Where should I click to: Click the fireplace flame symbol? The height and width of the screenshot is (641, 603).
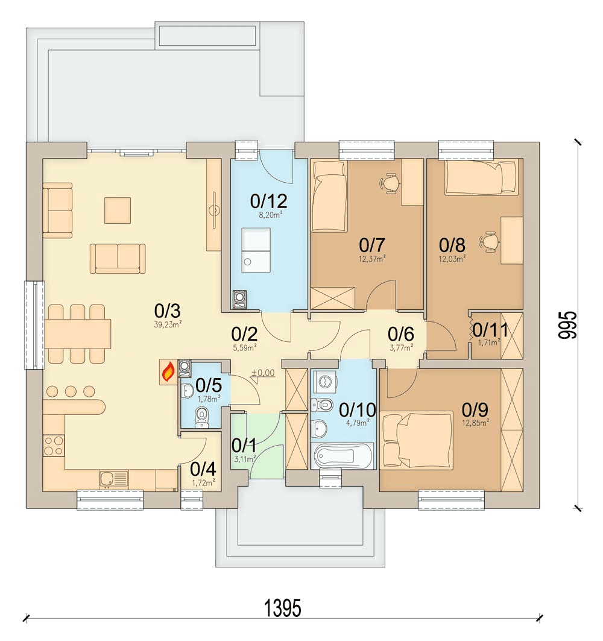pos(168,372)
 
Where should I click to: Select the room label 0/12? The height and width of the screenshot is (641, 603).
pos(268,201)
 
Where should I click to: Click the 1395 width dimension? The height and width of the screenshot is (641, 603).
pos(283,608)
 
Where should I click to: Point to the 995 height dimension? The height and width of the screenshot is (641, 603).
pos(568,325)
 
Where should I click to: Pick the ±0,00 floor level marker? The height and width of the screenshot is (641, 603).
pos(263,373)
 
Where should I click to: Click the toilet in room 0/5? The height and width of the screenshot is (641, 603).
pos(202,417)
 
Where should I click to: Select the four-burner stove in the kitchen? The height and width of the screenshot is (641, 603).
pos(54,446)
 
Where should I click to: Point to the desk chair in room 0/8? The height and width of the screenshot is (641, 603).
pos(490,242)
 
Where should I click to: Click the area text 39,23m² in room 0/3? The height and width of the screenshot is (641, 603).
pos(168,325)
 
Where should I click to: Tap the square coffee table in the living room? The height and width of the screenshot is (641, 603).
pos(118,210)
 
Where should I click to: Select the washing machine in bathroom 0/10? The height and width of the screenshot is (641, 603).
pos(325,382)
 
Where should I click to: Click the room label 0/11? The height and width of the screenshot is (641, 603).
pos(490,329)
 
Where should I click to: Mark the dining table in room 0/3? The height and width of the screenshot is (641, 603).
pos(77,333)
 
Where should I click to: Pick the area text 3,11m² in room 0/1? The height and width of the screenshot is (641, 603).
pos(245,459)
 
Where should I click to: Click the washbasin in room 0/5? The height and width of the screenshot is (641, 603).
pos(188,390)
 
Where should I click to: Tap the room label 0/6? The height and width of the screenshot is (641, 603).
pos(400,334)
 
